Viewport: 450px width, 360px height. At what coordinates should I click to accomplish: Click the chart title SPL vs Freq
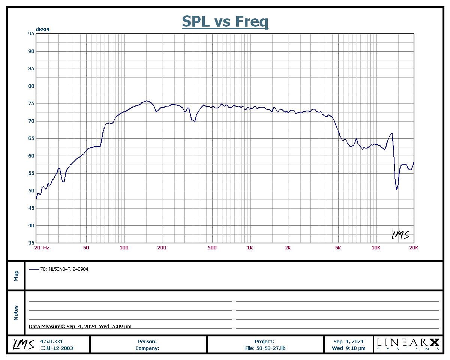[225, 21]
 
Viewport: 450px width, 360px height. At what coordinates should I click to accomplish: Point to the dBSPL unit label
[43, 29]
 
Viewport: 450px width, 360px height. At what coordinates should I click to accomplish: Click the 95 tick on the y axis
[31, 34]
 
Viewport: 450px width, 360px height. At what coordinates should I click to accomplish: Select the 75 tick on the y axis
[31, 103]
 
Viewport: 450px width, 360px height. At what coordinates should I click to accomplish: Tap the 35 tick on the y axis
[31, 243]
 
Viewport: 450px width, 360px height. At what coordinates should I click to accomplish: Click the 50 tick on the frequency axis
[86, 248]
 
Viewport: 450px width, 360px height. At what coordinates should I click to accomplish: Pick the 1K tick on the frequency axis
[250, 248]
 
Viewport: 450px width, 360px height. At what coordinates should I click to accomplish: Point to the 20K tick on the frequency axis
[413, 248]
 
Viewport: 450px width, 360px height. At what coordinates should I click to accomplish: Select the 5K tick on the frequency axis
[338, 248]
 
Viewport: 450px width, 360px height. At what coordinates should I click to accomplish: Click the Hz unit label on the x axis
[46, 248]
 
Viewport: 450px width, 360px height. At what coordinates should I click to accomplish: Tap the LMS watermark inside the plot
[400, 235]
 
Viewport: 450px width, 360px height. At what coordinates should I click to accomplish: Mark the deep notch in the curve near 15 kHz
[396, 189]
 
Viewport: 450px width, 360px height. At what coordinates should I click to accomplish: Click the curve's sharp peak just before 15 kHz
[392, 133]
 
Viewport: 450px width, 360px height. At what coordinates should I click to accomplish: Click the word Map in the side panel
[16, 276]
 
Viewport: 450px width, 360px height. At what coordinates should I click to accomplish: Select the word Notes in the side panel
[16, 313]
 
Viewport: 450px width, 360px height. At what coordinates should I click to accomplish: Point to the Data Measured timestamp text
[80, 327]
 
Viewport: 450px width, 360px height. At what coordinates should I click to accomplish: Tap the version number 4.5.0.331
[51, 342]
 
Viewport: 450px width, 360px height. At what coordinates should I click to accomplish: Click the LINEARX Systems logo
[408, 344]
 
